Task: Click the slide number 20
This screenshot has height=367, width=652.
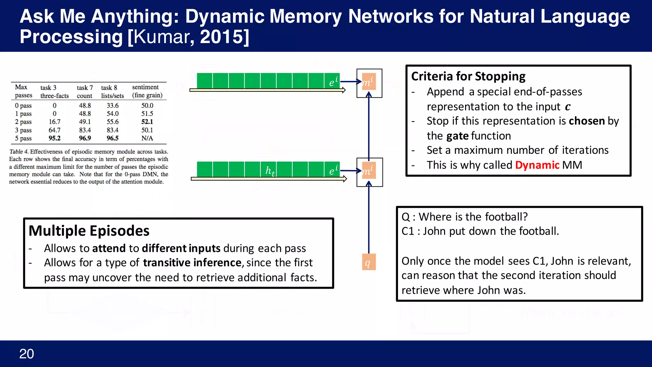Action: coord(26,354)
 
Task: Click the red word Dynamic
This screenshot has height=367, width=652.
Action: coord(537,165)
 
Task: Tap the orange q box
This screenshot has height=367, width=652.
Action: coord(369,262)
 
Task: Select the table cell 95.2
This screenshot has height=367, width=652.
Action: coord(54,138)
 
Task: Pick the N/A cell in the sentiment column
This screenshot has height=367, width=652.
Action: coord(147,138)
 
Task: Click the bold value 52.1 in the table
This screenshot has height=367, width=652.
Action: coord(147,122)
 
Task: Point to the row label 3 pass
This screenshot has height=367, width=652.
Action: coord(23,130)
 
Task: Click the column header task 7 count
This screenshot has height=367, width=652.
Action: coord(85,91)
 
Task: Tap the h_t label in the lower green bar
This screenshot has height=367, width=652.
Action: coord(270,171)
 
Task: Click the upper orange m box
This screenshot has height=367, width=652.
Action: coord(369,82)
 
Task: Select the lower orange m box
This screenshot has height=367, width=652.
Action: coord(369,171)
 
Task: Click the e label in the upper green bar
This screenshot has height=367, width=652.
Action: coord(333,82)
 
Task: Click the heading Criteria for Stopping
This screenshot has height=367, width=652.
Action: coord(468,76)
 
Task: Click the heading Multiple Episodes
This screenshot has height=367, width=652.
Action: coord(89,231)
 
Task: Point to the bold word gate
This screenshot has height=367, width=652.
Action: coord(457,136)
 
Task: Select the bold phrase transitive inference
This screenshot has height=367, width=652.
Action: coord(192,263)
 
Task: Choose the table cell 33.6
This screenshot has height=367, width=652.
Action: coord(112,105)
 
